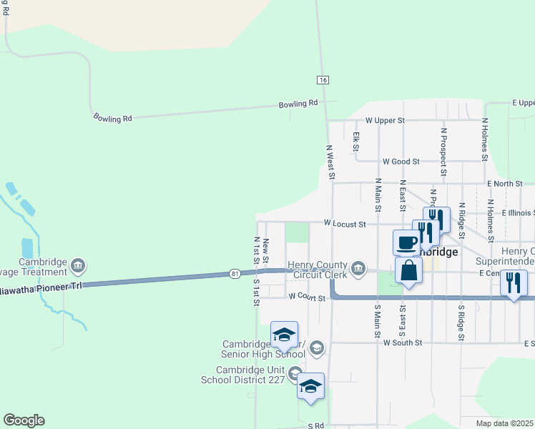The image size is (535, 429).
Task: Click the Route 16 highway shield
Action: click(324, 80)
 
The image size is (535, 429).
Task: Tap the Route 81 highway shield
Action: click(235, 273)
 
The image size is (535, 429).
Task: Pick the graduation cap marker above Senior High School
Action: click(284, 334)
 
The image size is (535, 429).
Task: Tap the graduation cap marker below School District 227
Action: click(310, 385)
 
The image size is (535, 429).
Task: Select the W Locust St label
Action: click(345, 224)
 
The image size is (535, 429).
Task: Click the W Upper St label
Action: click(385, 121)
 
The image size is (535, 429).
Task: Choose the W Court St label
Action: click(308, 296)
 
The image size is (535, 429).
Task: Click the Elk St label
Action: click(355, 141)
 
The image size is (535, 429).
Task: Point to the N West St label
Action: click(330, 162)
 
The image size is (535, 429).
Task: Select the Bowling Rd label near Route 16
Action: click(298, 104)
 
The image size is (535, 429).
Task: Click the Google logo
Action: click(24, 420)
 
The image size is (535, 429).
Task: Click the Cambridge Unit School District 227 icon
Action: click(294, 373)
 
